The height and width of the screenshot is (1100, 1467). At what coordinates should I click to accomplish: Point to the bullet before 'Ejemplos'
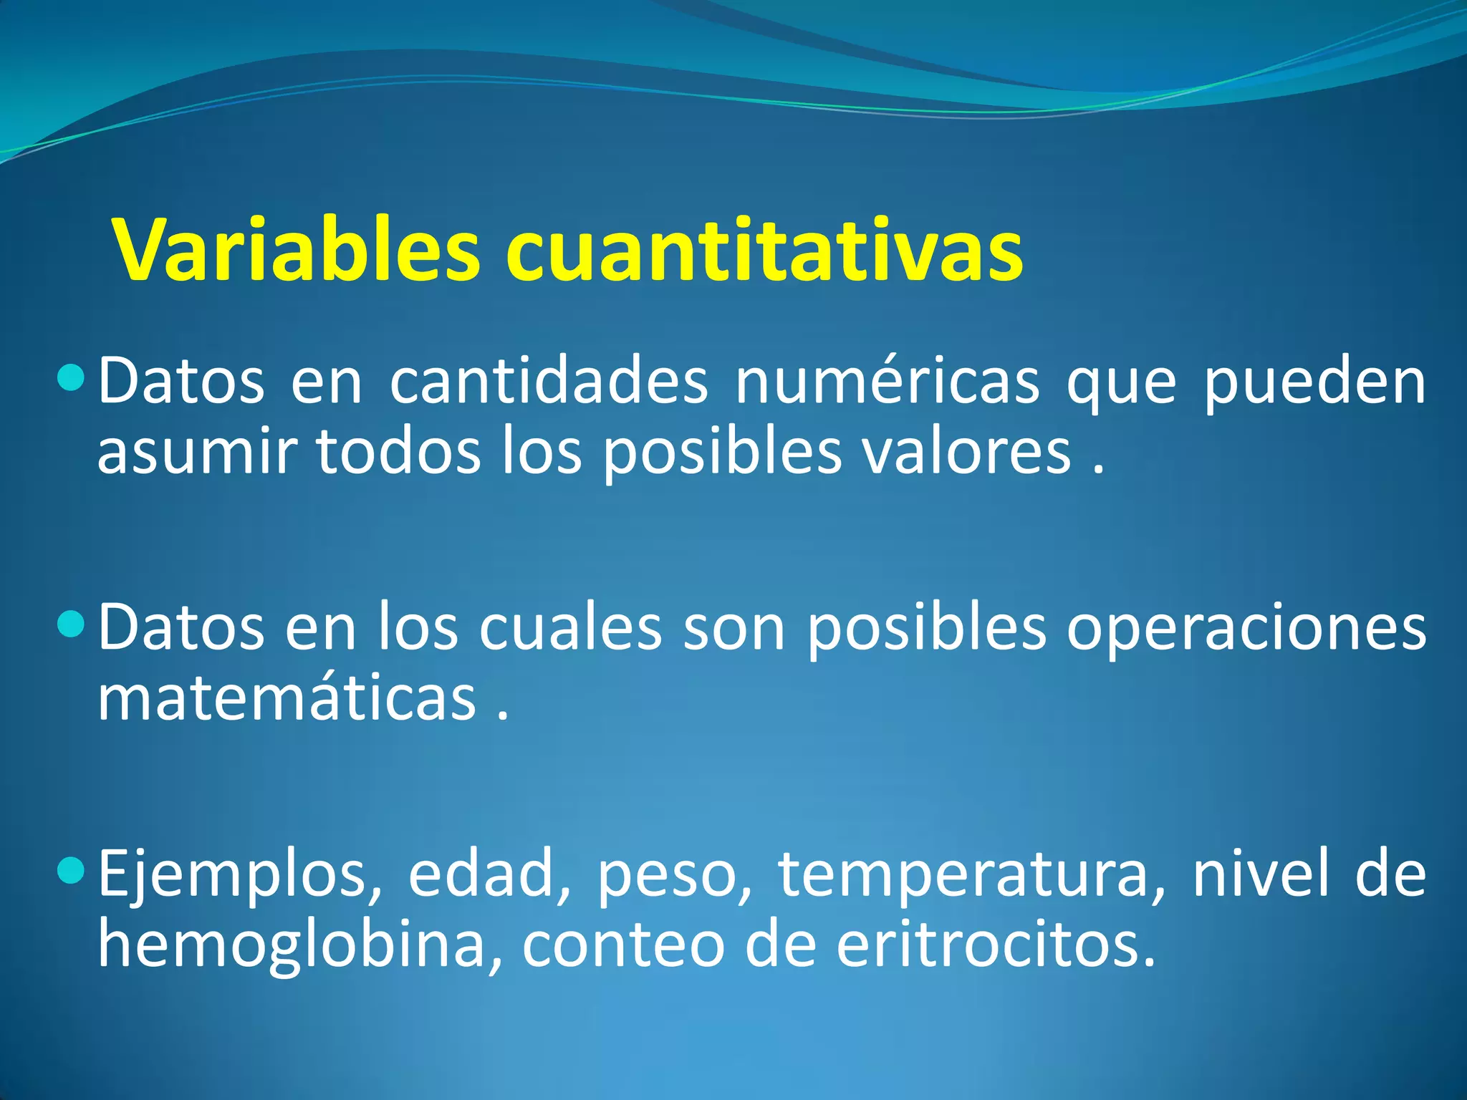(x=71, y=869)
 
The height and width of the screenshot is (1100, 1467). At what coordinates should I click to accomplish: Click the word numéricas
(x=887, y=381)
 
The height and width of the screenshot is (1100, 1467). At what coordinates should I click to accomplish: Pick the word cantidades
(x=549, y=381)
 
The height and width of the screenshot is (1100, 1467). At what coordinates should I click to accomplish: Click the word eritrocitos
(x=996, y=945)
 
